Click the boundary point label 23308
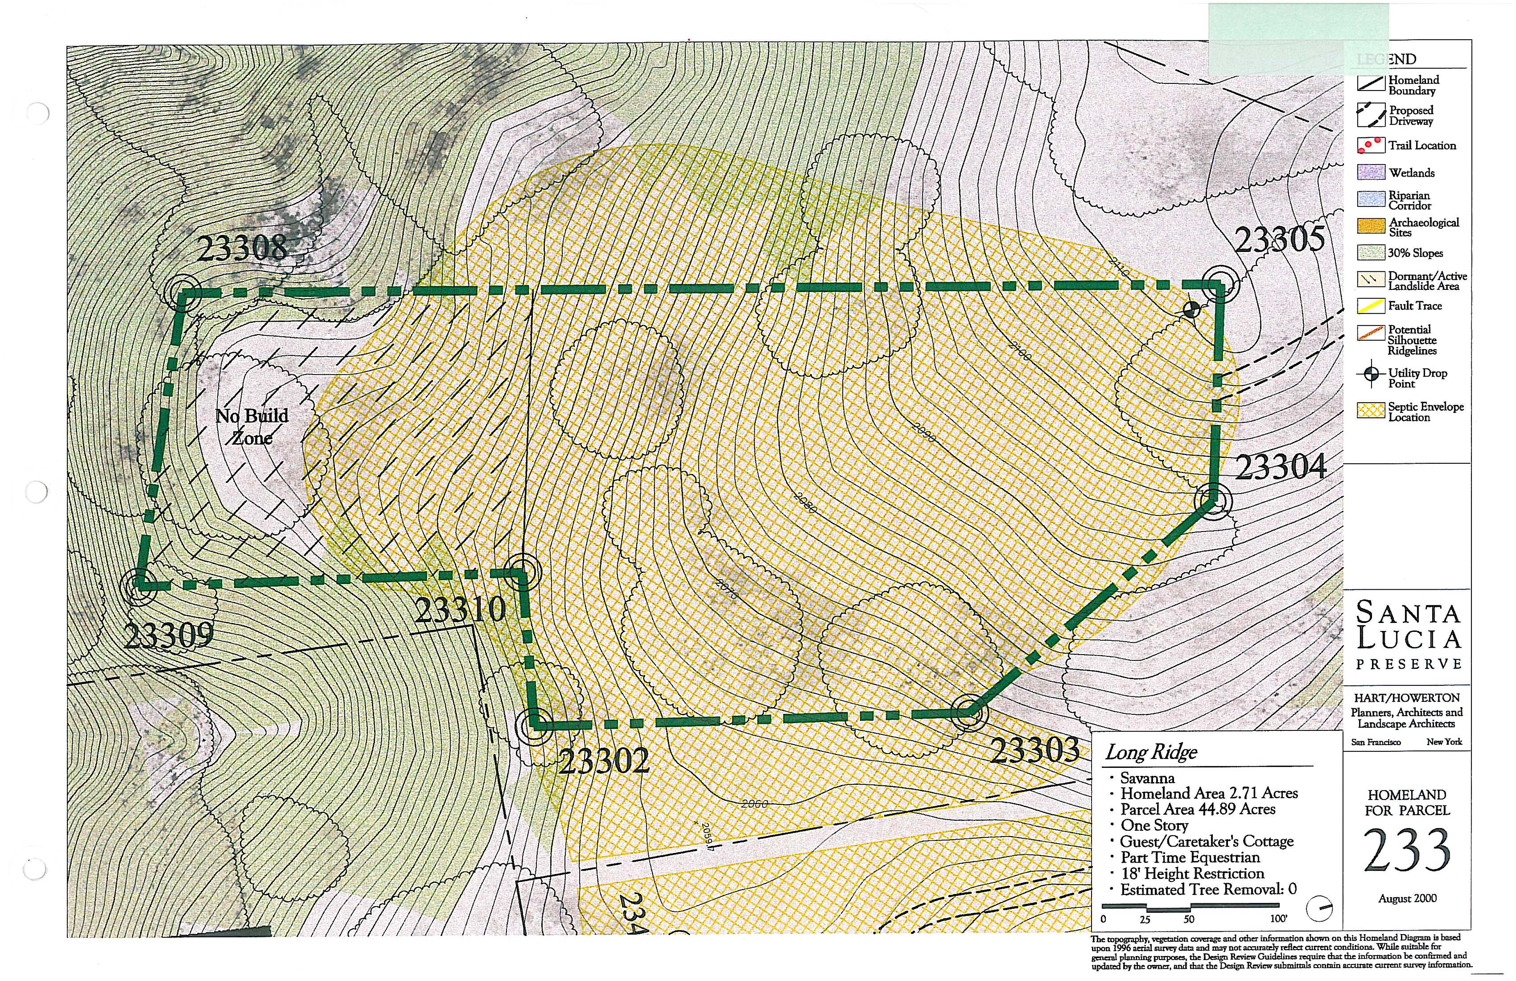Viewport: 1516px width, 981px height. click(242, 247)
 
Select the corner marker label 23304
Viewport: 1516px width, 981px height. click(1281, 467)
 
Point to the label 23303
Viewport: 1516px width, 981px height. click(1036, 751)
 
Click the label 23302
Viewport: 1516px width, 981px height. click(603, 760)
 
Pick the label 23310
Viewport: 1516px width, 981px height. click(460, 610)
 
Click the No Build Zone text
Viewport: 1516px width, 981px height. click(252, 427)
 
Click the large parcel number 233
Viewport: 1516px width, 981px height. click(1407, 851)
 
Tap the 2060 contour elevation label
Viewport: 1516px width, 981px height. click(755, 804)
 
